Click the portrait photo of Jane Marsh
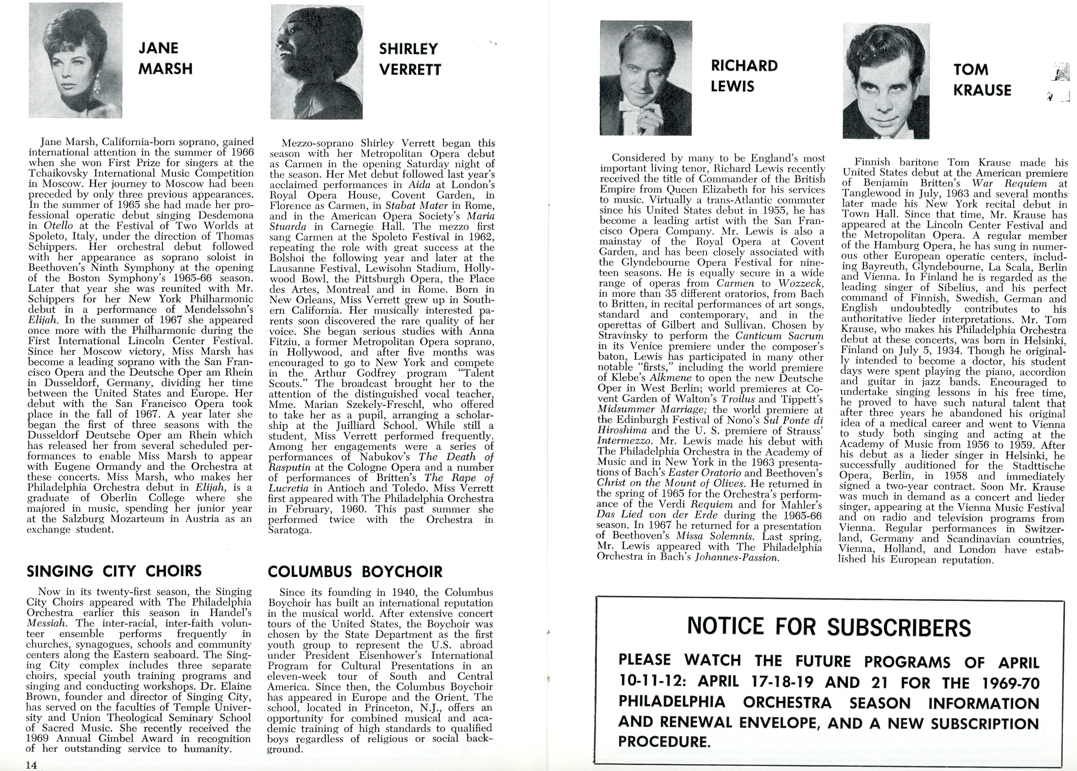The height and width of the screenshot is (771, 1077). coord(75,60)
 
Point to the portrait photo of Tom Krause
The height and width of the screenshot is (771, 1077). coord(886,81)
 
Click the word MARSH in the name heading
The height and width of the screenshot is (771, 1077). coord(166,69)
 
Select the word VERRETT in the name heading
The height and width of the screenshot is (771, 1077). coord(410,70)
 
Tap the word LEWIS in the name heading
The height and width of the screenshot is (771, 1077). coord(733,86)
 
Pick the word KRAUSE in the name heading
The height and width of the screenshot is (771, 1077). coord(982,90)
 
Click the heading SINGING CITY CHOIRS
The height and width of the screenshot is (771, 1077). coord(114,571)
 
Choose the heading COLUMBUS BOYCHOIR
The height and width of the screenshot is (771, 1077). coord(355,572)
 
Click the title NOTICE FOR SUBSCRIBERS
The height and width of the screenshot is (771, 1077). coord(829,627)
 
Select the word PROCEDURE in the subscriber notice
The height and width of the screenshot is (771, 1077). coord(664,741)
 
